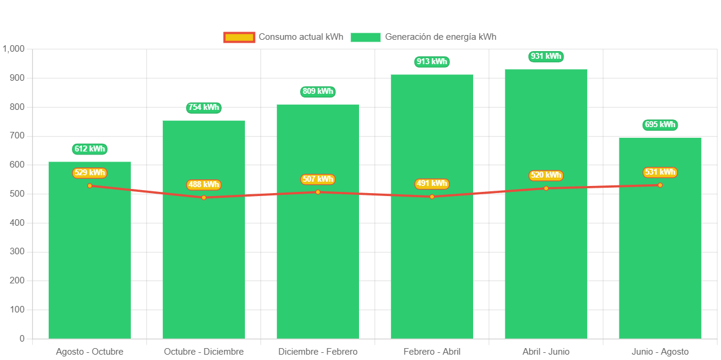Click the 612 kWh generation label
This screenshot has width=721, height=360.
[x=90, y=149]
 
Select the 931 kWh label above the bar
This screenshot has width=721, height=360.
[x=546, y=56]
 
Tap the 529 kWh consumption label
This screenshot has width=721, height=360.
[x=90, y=173]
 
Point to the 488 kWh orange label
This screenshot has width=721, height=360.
[x=204, y=185]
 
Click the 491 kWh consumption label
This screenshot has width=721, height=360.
[x=432, y=184]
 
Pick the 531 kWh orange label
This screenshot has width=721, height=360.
[x=660, y=172]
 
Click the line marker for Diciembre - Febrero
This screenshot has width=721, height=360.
[x=318, y=192]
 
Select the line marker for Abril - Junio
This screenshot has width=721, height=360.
[x=546, y=188]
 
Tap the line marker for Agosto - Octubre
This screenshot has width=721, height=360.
[x=90, y=186]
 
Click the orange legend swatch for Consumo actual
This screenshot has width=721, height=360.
[x=239, y=37]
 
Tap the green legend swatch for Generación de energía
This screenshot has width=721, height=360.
[x=365, y=37]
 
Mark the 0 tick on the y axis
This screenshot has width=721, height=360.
[x=22, y=339]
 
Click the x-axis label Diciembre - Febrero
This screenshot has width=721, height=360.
[x=318, y=352]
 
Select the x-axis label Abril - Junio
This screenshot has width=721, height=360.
[x=546, y=352]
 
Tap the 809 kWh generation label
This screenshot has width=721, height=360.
[x=318, y=91]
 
